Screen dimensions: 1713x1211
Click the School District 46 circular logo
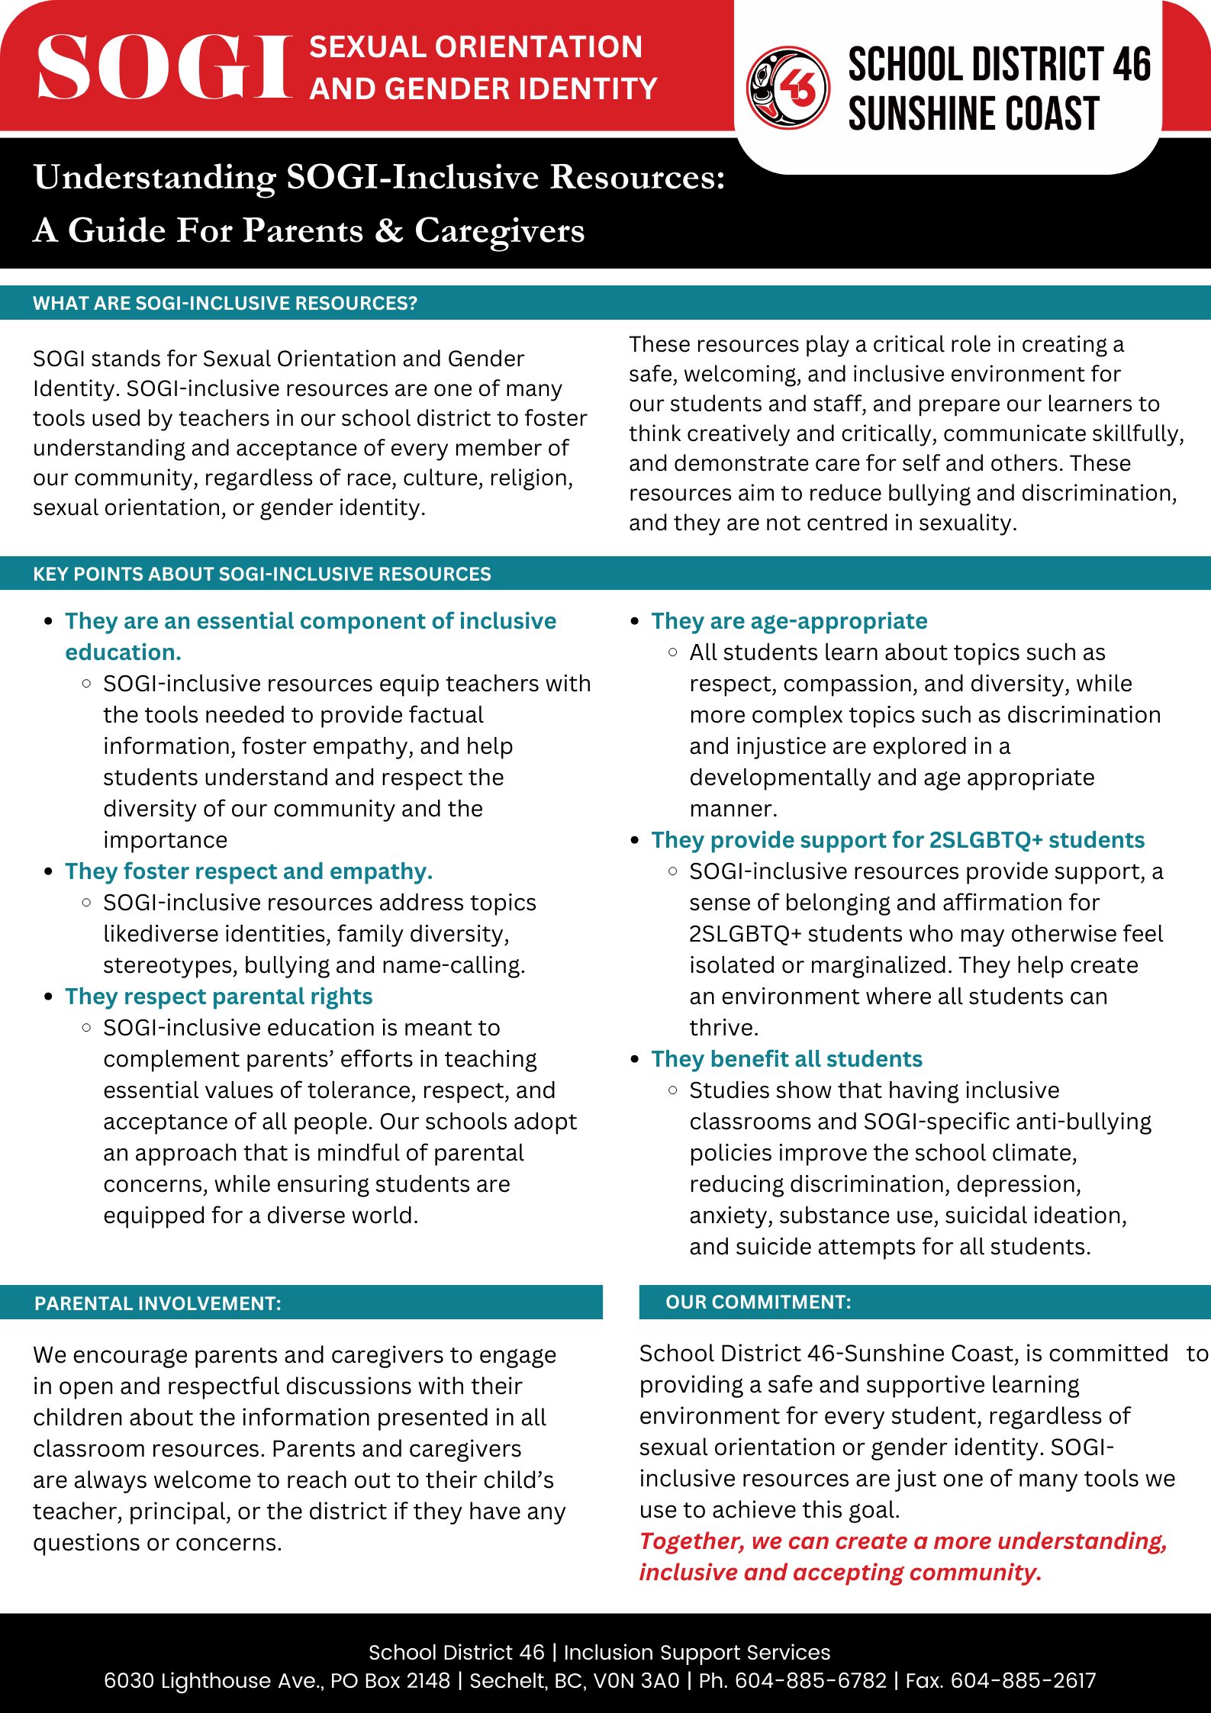click(788, 88)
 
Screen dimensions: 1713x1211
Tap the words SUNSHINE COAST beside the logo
click(974, 114)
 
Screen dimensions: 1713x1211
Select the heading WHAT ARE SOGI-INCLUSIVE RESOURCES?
click(225, 303)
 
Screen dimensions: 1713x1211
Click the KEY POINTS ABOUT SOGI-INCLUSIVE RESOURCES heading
click(262, 574)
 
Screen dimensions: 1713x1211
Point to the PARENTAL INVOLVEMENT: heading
click(158, 1303)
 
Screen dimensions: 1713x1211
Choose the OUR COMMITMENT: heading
click(758, 1302)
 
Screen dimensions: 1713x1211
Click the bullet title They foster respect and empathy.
click(249, 871)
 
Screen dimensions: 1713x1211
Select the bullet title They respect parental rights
click(219, 997)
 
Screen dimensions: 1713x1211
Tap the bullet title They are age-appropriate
click(789, 621)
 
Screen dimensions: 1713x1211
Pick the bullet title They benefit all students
click(787, 1059)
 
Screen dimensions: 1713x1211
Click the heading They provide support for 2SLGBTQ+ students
click(897, 840)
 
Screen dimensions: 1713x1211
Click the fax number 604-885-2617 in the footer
click(1023, 1680)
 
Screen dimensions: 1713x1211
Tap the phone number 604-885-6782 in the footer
click(810, 1680)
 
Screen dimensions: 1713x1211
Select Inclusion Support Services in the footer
click(697, 1652)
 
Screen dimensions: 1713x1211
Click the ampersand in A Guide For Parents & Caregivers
click(388, 230)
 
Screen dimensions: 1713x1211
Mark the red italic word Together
click(691, 1541)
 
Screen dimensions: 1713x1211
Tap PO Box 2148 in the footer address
click(391, 1680)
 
